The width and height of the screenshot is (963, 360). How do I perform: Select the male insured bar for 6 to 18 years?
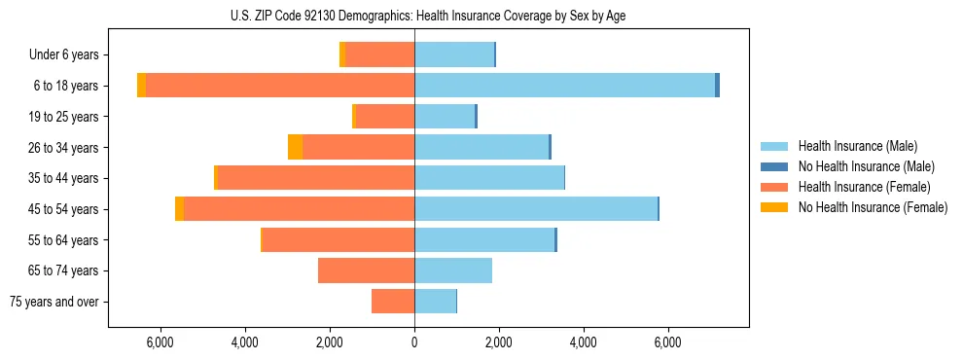[564, 86]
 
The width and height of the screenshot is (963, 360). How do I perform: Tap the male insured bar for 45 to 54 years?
[536, 208]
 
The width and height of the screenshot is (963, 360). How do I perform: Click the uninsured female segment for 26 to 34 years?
[295, 147]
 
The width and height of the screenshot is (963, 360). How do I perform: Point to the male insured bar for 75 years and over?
[435, 302]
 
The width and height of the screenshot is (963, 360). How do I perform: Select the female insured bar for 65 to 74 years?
[366, 270]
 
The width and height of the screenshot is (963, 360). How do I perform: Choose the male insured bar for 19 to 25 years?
[444, 117]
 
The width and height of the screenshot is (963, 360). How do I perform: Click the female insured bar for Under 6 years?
[380, 54]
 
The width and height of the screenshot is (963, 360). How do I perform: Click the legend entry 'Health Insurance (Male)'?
[856, 146]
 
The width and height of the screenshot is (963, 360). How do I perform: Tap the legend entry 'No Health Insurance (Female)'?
[873, 207]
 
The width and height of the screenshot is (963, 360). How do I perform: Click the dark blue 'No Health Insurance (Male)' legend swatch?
[775, 166]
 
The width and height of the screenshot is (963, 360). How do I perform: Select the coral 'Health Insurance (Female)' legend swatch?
[775, 187]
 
